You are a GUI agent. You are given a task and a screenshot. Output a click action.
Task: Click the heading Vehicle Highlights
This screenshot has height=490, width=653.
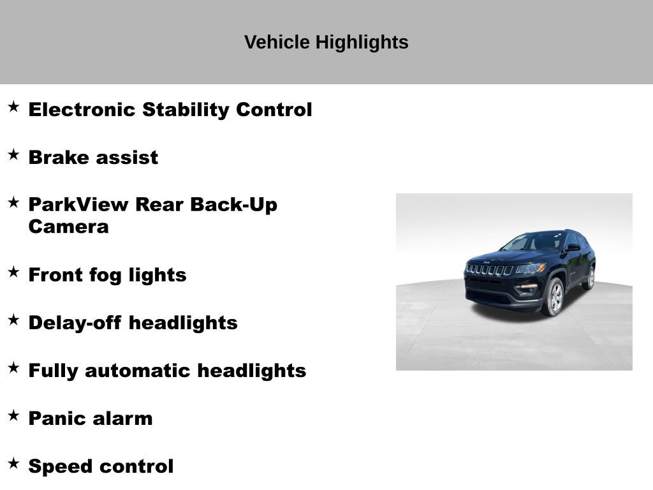point(326,42)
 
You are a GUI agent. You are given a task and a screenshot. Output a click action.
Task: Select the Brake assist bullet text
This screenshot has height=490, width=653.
point(93,158)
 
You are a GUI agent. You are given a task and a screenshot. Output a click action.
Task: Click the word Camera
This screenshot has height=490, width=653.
point(68,226)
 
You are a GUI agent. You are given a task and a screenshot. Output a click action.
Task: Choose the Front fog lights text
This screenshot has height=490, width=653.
point(107,275)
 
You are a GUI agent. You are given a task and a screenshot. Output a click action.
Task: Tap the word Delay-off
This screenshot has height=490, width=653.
point(75,323)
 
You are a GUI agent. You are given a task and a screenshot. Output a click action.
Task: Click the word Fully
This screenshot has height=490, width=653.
point(53,371)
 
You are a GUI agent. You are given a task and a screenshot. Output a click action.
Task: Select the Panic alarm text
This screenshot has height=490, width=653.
point(91,419)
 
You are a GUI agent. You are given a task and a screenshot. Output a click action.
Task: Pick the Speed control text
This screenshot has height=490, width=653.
point(101,466)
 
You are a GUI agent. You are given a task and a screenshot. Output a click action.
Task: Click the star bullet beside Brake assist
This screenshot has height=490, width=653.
point(13,154)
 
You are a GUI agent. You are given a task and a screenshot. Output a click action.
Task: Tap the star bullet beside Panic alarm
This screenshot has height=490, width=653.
point(13,415)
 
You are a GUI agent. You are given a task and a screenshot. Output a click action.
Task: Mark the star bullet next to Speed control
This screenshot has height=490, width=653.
point(13,463)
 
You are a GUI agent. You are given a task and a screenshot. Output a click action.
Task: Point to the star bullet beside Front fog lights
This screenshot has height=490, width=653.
point(13,272)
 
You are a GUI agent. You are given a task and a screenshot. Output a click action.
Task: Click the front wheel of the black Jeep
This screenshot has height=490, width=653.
point(554,297)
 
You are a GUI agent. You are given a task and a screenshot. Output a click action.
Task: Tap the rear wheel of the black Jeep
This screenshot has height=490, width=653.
point(589,279)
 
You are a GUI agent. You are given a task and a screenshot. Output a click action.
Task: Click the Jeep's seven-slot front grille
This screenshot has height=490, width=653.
point(490,270)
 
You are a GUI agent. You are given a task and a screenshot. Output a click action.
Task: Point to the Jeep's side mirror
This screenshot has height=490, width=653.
point(573,248)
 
